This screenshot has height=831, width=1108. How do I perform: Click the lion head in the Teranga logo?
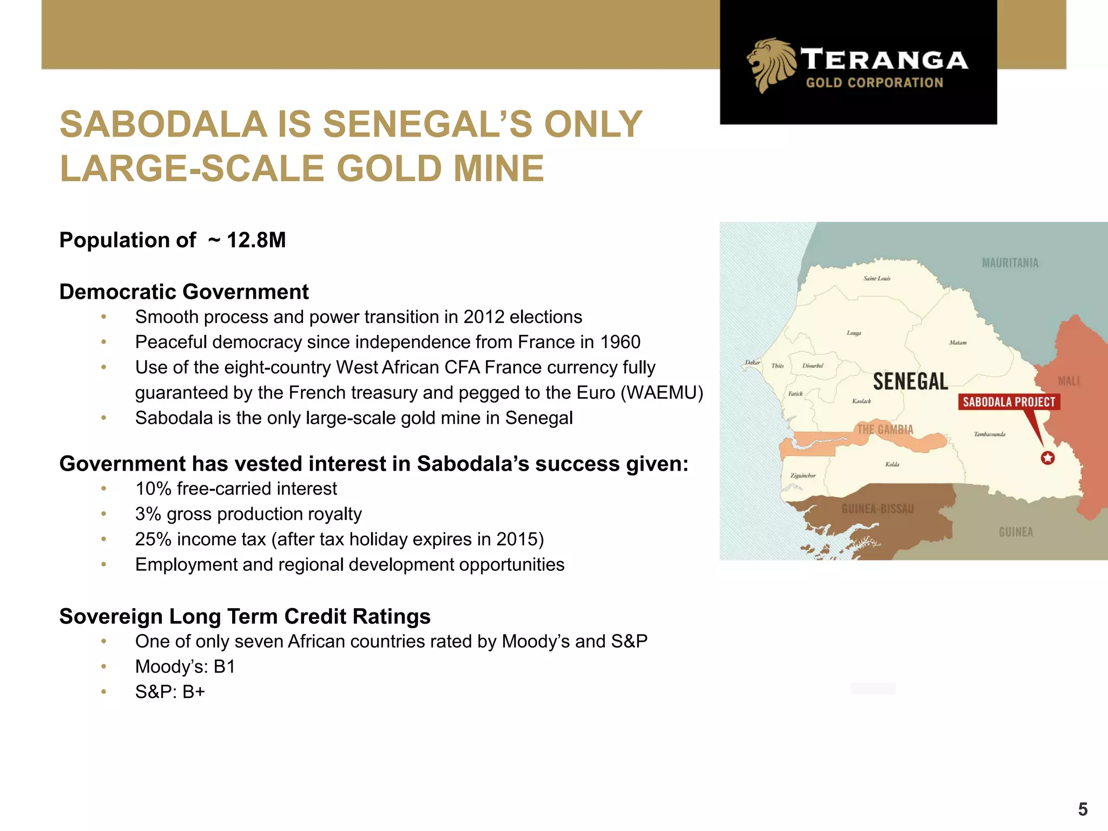pyautogui.click(x=770, y=64)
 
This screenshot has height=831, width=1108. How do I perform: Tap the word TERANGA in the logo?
pyautogui.click(x=884, y=60)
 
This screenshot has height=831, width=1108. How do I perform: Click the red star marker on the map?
pyautogui.click(x=1047, y=458)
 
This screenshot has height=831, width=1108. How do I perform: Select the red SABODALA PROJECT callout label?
pyautogui.click(x=1008, y=402)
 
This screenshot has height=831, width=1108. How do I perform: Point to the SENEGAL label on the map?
pyautogui.click(x=910, y=381)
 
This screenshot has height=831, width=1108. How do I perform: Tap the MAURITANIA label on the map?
pyautogui.click(x=1010, y=263)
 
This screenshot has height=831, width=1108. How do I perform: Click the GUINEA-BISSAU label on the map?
pyautogui.click(x=877, y=509)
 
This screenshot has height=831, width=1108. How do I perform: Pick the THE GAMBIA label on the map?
pyautogui.click(x=885, y=430)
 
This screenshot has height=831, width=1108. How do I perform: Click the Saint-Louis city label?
pyautogui.click(x=876, y=279)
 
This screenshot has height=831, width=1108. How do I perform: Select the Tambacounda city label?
pyautogui.click(x=989, y=434)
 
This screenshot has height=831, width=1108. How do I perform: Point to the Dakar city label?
pyautogui.click(x=752, y=362)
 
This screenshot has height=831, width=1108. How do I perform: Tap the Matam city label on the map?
pyautogui.click(x=957, y=342)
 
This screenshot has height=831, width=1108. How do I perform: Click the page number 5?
pyautogui.click(x=1083, y=809)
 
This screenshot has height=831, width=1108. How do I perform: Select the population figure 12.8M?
pyautogui.click(x=256, y=240)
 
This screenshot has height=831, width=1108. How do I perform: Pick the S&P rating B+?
pyautogui.click(x=194, y=692)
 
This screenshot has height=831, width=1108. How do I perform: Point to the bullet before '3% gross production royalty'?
pyautogui.click(x=103, y=514)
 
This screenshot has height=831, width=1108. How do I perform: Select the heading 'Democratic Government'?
pyautogui.click(x=184, y=292)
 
